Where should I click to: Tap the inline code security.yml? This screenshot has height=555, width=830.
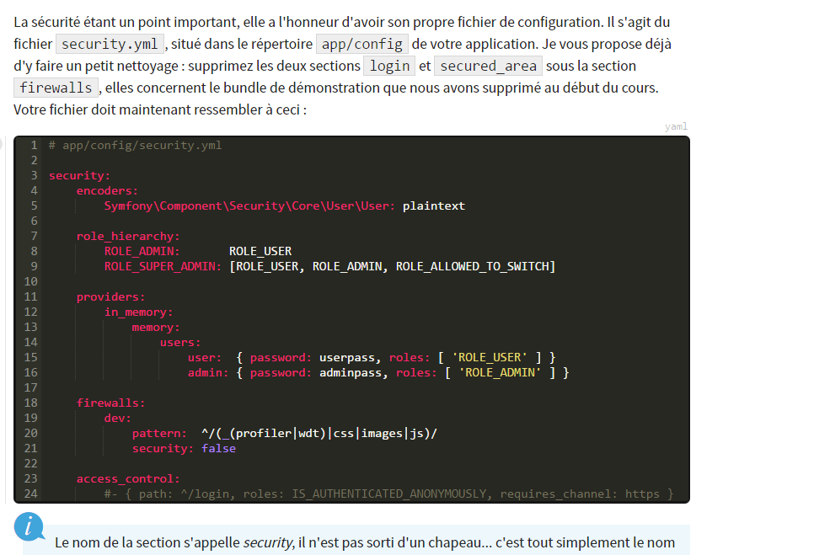(x=110, y=44)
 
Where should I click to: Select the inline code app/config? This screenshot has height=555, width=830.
(x=362, y=44)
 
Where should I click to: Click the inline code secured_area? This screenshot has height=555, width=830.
(x=488, y=67)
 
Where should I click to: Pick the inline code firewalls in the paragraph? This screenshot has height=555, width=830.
(x=56, y=88)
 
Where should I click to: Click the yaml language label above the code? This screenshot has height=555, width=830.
(x=676, y=126)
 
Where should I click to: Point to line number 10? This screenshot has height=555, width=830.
(x=30, y=281)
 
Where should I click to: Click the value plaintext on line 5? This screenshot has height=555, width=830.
(x=433, y=205)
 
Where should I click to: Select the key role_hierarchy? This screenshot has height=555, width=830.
(x=128, y=236)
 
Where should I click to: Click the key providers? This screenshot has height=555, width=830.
(x=110, y=296)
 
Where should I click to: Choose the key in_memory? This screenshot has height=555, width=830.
(x=139, y=312)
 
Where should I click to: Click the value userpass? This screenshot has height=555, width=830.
(x=346, y=358)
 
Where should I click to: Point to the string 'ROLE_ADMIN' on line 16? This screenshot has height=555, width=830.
(x=500, y=372)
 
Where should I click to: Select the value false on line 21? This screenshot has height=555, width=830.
(x=218, y=448)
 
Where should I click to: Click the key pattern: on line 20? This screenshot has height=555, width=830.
(x=159, y=434)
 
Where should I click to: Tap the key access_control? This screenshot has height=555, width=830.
(x=128, y=479)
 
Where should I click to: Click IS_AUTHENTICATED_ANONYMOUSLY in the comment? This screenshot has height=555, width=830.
(x=388, y=494)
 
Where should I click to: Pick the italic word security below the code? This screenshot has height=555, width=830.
(x=268, y=543)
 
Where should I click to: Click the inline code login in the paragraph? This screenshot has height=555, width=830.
(x=389, y=67)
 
